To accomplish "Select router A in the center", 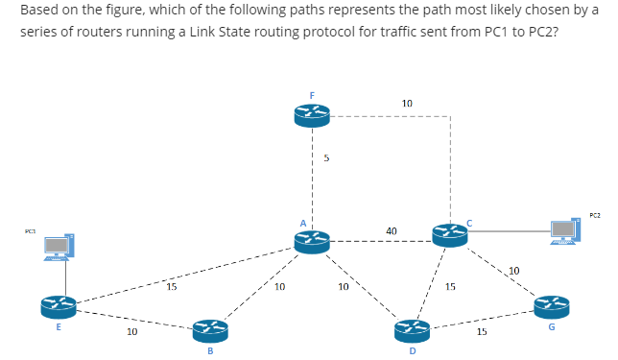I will pyautogui.click(x=313, y=242).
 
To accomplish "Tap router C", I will pyautogui.click(x=450, y=232).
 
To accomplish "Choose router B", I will pyautogui.click(x=210, y=331).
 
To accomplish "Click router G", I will pyautogui.click(x=552, y=306).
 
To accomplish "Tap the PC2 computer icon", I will pyautogui.click(x=565, y=231).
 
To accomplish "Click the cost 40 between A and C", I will pyautogui.click(x=392, y=230).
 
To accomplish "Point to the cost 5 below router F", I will pyautogui.click(x=326, y=159).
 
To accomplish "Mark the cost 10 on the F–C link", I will pyautogui.click(x=407, y=103).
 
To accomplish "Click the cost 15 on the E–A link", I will pyautogui.click(x=171, y=285).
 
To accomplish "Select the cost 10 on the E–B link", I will pyautogui.click(x=132, y=332).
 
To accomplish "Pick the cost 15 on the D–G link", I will pyautogui.click(x=482, y=332).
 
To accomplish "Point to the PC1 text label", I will pyautogui.click(x=30, y=230).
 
